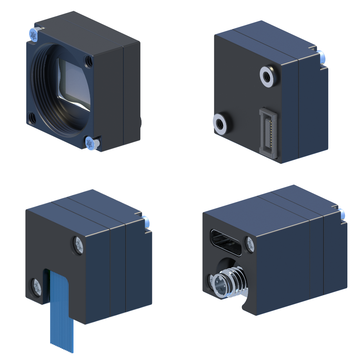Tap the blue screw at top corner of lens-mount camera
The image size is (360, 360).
pos(33,35)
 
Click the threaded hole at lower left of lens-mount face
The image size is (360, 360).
pos(32,118)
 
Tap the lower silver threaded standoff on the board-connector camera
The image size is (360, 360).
pos(220,123)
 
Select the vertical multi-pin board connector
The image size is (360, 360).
pos(267,133)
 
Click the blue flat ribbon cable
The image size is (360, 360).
pos(62,310)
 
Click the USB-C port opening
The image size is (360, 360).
pos(226,242)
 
